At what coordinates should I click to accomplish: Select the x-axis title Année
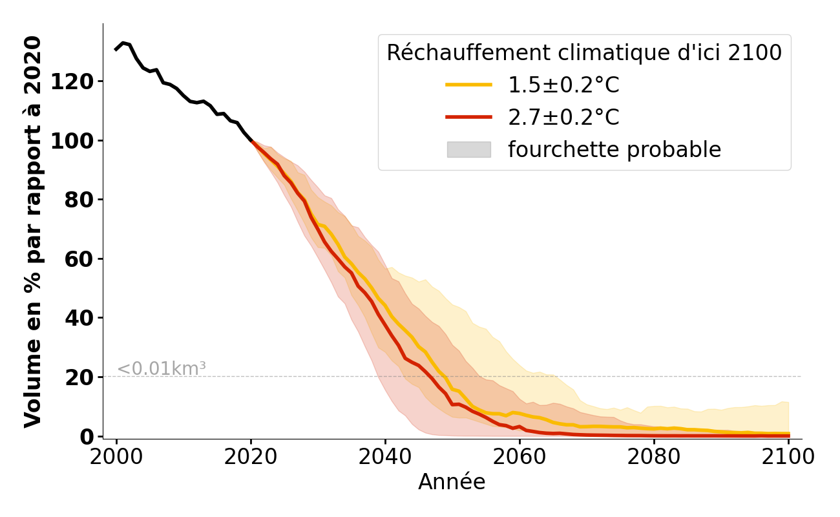pos(452,482)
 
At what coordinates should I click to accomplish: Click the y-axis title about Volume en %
pos(33,231)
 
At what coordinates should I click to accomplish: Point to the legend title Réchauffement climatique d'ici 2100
pos(584,53)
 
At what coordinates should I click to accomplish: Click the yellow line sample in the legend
pos(468,85)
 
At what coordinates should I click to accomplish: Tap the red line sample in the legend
pos(468,117)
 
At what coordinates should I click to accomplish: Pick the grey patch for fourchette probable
pos(468,149)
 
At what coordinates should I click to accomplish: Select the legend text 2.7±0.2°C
pos(563,117)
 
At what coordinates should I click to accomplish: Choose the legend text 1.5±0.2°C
pos(563,85)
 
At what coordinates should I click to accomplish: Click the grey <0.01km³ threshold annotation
pos(162,369)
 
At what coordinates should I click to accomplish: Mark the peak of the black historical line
pos(123,43)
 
